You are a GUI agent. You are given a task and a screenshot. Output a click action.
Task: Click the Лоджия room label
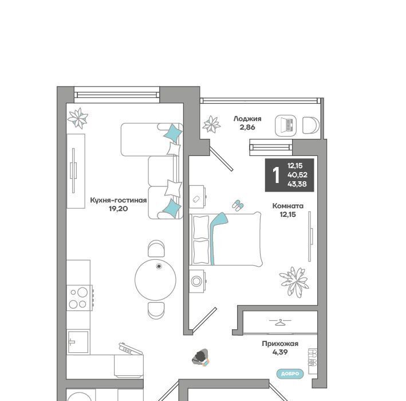[247, 119]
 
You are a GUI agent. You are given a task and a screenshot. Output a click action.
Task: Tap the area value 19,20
[119, 209]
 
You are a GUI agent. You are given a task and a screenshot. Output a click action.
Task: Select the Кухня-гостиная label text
[119, 200]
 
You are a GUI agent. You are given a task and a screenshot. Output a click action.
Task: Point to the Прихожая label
[280, 344]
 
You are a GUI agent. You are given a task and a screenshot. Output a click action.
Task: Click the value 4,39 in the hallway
[280, 352]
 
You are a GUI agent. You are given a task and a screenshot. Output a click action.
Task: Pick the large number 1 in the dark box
[276, 175]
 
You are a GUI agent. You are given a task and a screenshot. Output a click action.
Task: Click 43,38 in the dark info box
[297, 184]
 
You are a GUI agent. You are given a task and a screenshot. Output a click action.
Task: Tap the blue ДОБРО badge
[290, 374]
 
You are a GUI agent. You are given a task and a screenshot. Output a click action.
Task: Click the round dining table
[155, 279]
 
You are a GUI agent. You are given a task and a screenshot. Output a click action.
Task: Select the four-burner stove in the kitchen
[79, 298]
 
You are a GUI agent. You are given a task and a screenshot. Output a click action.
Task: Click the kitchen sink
[78, 342]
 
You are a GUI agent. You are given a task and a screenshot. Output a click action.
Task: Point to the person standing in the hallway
[200, 357]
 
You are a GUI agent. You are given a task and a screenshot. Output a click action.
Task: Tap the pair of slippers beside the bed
[238, 205]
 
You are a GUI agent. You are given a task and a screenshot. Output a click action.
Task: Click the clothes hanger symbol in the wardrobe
[280, 322]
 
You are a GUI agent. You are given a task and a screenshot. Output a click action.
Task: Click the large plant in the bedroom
[294, 282]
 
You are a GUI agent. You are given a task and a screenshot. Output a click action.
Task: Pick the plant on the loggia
[211, 124]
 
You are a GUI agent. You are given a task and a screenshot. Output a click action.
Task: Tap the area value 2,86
[247, 127]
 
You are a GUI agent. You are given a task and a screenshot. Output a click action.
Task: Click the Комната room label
[288, 206]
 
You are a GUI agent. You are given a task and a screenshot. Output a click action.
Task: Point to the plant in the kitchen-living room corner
[78, 118]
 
